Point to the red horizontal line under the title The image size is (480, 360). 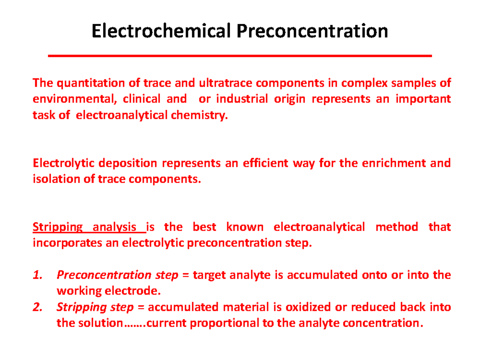pyautogui.click(x=240, y=56)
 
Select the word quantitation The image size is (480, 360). pyautogui.click(x=89, y=83)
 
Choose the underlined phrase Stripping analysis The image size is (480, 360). pyautogui.click(x=89, y=227)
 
